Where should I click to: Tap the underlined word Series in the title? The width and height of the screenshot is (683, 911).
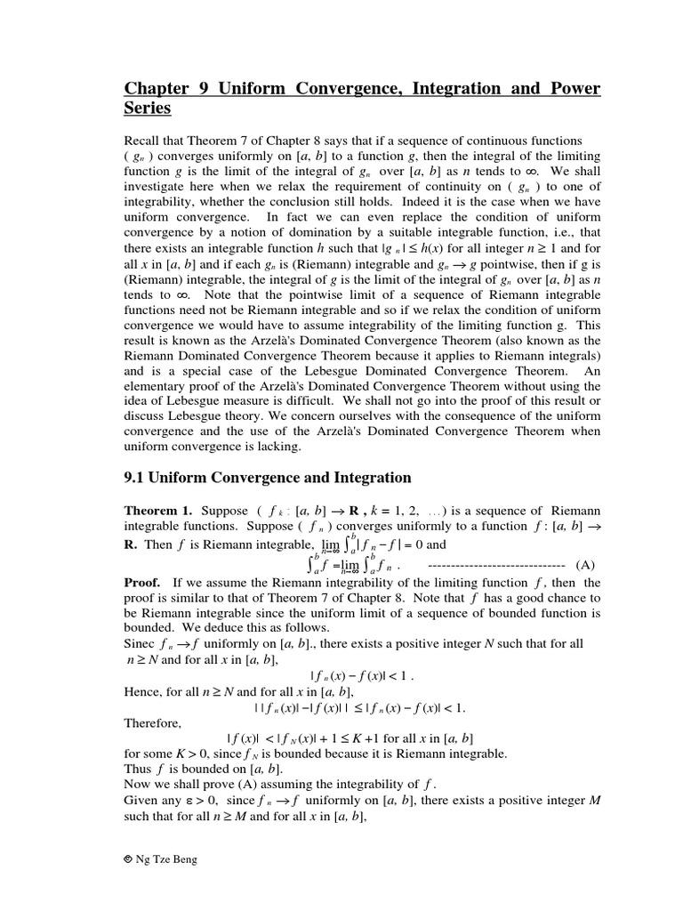[147, 109]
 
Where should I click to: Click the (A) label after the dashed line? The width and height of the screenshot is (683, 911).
[585, 565]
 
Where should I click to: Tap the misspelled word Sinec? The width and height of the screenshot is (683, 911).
[141, 642]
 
